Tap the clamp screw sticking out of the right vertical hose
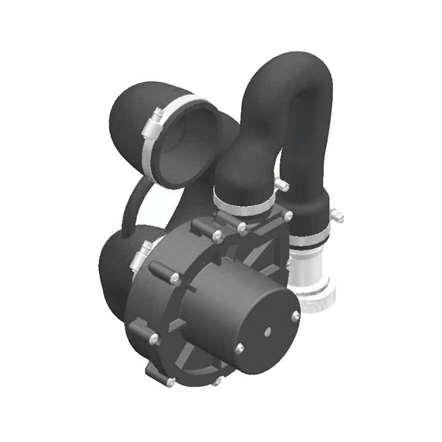click(336, 215)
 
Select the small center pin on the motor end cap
click(267, 331)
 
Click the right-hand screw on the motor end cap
click(295, 316)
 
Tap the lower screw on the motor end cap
click(239, 349)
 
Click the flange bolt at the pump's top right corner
click(287, 217)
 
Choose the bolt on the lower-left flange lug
click(153, 338)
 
